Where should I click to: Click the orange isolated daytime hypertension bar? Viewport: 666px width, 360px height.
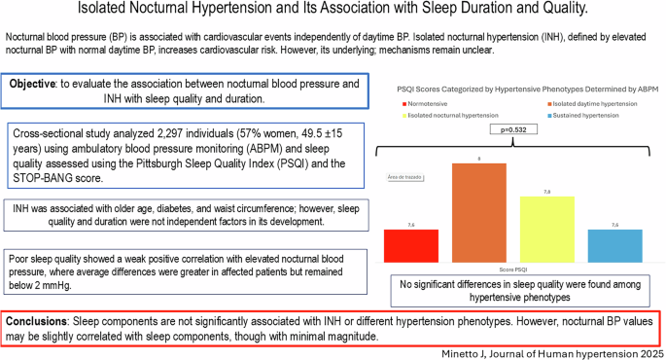[x=479, y=211]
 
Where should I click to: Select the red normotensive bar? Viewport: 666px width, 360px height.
[x=411, y=244]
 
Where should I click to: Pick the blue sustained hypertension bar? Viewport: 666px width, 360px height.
[x=614, y=244]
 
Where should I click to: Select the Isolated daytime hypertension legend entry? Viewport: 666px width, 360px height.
[x=590, y=101]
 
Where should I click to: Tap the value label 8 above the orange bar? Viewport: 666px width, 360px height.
[x=479, y=159]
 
